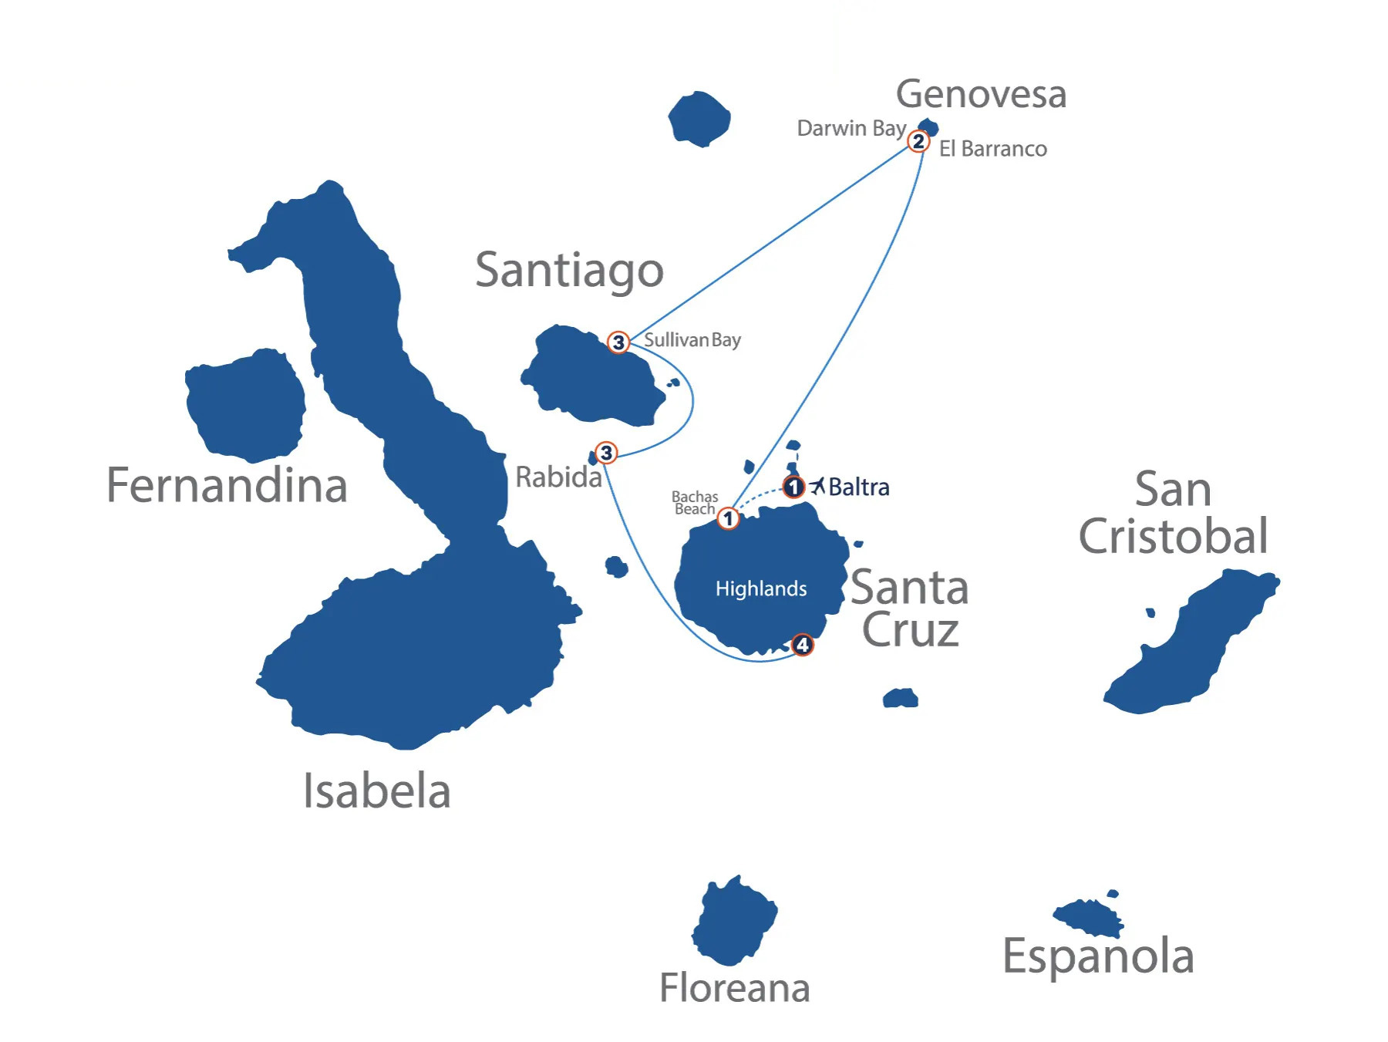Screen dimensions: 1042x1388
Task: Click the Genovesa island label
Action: coord(981,94)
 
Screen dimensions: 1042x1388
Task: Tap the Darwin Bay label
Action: coord(851,128)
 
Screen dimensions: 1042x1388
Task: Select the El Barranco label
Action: coord(992,149)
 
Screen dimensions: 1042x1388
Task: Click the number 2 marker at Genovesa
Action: coord(918,142)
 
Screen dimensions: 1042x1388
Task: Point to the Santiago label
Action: coord(569,270)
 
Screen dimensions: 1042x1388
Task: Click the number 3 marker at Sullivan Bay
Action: coord(618,342)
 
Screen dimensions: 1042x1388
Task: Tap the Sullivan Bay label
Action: coord(692,339)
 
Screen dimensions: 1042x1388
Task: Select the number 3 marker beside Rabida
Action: coord(606,453)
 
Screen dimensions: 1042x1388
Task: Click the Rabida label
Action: coord(558,477)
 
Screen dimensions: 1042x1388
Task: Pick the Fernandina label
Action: coord(227,485)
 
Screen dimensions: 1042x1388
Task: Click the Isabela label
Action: coord(376,791)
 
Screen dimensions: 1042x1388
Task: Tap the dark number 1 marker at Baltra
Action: coord(793,487)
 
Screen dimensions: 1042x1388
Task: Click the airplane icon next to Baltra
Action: coord(817,486)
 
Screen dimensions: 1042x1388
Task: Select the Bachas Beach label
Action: coord(695,503)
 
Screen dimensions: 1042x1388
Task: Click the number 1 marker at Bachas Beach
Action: coord(728,518)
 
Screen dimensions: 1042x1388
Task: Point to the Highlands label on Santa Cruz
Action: coord(761,588)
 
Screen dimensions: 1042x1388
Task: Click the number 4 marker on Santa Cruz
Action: coord(802,644)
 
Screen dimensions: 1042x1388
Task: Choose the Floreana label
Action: coord(734,988)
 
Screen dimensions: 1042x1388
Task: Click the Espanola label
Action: coord(1098,956)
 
